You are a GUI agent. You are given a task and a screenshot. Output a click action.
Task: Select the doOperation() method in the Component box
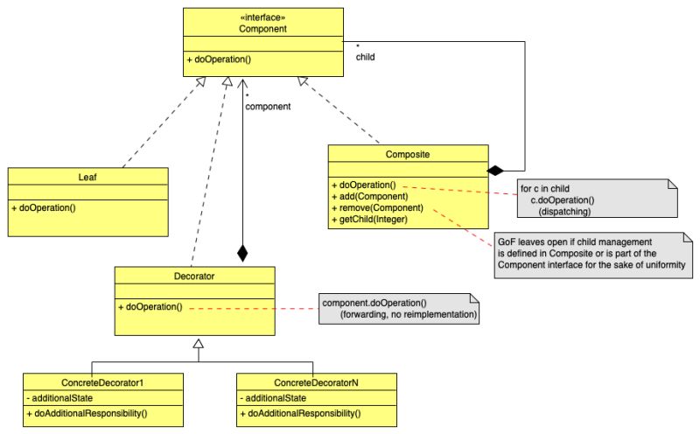[219, 59]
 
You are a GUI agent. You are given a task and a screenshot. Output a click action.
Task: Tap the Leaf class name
[87, 176]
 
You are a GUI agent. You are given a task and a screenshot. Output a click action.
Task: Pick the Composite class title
[408, 154]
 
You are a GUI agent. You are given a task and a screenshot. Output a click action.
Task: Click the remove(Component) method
[377, 207]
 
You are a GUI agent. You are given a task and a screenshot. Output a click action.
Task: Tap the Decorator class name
[194, 276]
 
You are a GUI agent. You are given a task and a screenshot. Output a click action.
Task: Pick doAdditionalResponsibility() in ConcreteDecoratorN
[303, 412]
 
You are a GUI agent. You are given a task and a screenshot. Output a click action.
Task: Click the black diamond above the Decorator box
[242, 254]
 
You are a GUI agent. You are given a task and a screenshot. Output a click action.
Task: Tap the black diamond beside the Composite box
[496, 169]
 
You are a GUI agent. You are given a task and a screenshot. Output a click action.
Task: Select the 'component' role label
[268, 106]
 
